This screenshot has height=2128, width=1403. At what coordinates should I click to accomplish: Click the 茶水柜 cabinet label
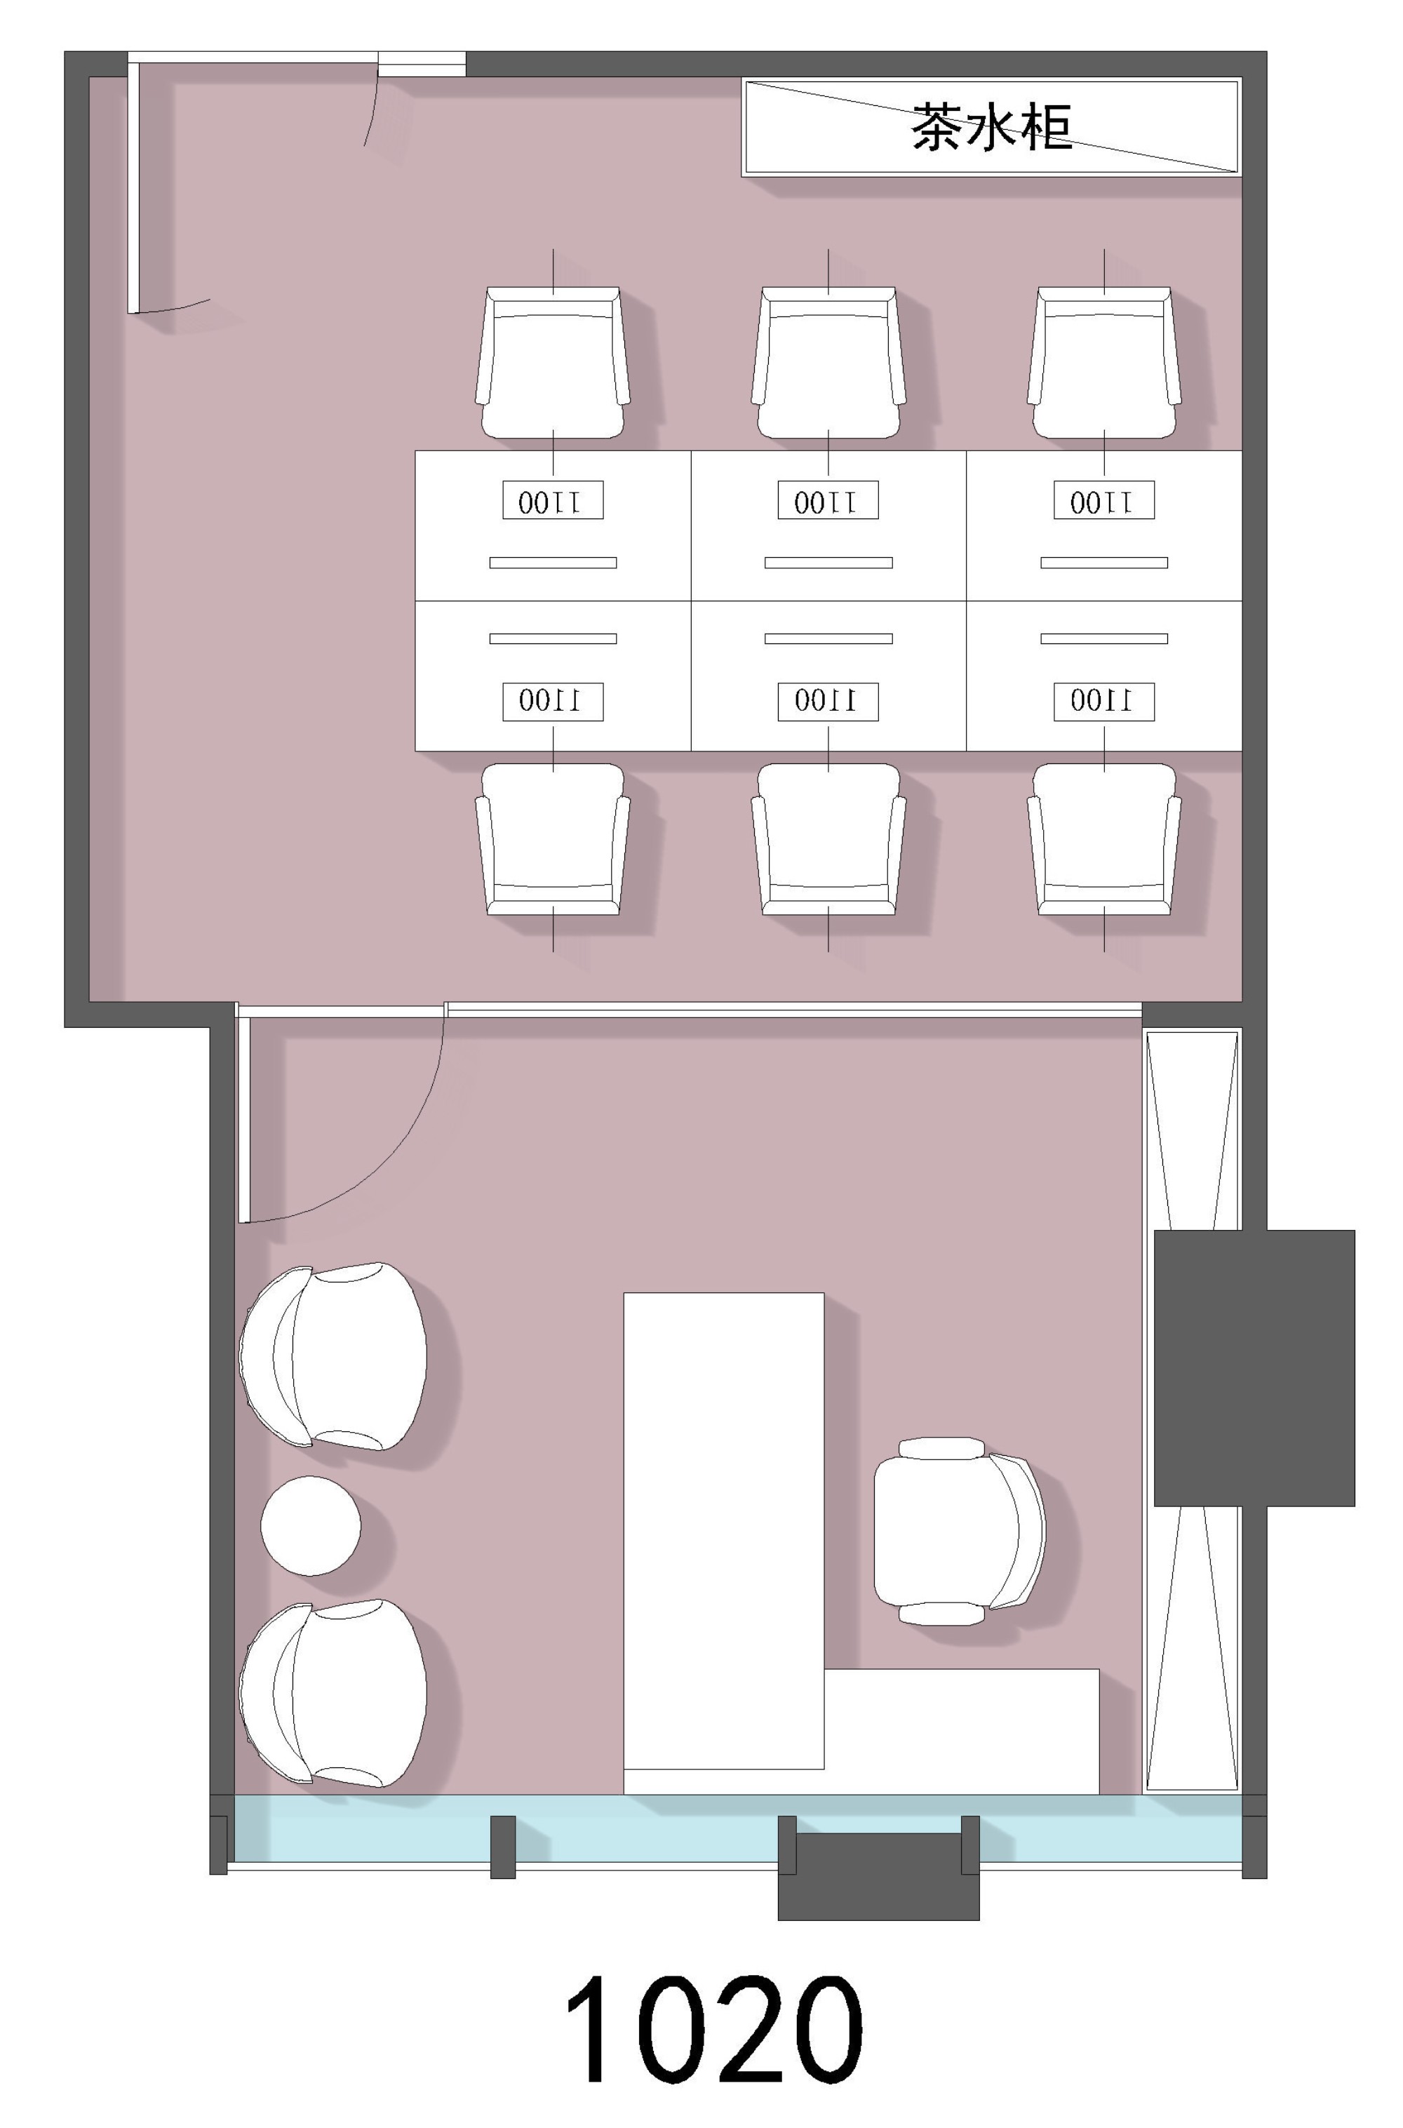pos(991,127)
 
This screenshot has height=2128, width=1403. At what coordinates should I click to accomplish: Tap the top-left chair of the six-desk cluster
pos(553,363)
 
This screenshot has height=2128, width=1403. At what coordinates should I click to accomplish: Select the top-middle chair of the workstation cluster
pos(828,363)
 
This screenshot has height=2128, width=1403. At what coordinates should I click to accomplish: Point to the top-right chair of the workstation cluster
pos(1104,363)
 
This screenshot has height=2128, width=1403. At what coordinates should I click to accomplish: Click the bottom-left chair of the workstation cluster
pos(553,838)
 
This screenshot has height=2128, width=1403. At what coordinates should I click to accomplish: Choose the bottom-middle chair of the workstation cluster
pos(828,838)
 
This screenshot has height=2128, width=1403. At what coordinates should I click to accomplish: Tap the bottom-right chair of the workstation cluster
pos(1104,838)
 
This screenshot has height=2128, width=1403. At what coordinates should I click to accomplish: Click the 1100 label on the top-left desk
pos(553,500)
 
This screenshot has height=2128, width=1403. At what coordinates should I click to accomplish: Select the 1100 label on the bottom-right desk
pos(1104,702)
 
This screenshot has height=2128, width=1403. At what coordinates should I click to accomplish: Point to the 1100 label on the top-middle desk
pos(828,500)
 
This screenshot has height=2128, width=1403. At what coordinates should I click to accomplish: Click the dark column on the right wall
pos(1254,1368)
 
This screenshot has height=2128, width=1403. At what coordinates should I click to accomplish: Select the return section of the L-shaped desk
pos(962,1731)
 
